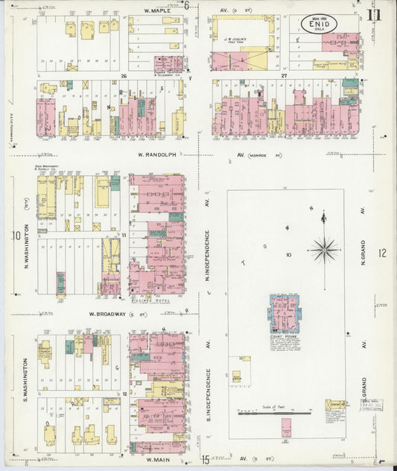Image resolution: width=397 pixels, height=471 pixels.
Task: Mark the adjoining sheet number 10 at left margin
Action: coord(15,236)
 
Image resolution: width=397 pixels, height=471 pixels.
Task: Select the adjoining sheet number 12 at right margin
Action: coord(382,254)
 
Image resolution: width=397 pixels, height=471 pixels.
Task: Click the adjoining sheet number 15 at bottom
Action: coord(204,461)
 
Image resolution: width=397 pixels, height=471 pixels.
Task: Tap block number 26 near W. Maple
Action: coord(124,75)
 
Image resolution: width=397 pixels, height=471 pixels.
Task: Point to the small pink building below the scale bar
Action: coord(285,428)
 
